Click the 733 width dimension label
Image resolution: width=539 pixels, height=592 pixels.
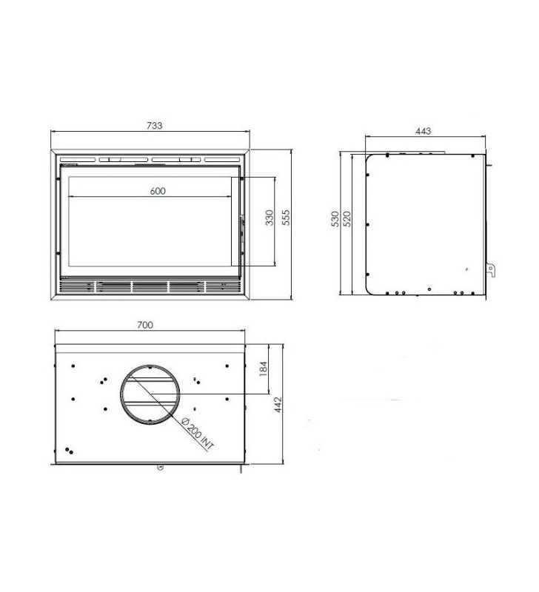155,125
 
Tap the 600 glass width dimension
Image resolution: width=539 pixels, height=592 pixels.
158,191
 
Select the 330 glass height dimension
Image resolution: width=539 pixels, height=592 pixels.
269,218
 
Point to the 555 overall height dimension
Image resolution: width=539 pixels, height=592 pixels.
287,218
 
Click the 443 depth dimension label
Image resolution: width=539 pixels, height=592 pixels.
423,131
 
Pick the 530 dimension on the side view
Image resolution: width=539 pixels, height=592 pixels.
335,219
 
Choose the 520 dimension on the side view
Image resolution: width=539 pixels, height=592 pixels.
346,219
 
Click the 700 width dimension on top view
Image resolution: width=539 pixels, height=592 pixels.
145,325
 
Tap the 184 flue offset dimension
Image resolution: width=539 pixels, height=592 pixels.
264,369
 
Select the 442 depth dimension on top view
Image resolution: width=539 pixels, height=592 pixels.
278,404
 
